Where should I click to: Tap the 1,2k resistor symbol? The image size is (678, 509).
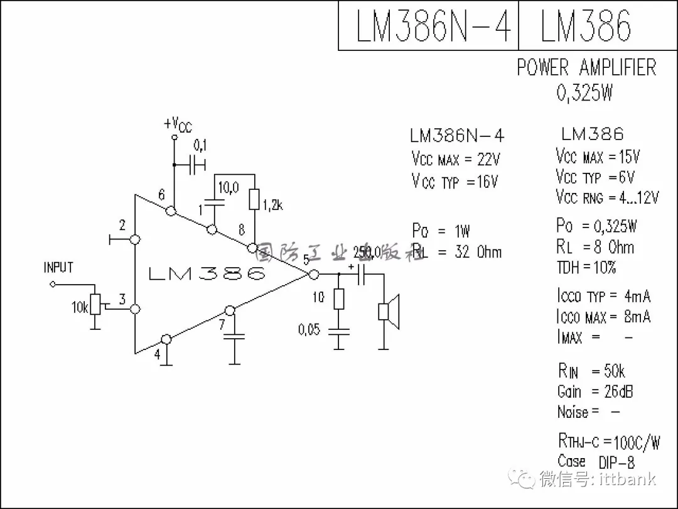pos(254,199)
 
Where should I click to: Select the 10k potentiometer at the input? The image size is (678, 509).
pos(95,305)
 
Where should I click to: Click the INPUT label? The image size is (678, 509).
pos(58,268)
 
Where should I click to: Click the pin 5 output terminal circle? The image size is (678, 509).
pos(313,274)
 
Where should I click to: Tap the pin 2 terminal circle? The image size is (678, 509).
pos(134,239)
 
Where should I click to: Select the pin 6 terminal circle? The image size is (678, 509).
pos(171,212)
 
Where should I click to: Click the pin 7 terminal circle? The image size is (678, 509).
pos(230,310)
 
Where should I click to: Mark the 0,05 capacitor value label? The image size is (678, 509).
pos(309,329)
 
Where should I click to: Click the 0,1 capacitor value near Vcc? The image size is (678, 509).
pos(200,146)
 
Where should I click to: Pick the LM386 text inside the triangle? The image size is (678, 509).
pos(207,274)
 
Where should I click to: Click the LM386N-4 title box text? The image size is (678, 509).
pos(433,26)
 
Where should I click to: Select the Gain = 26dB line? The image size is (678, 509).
pos(595,391)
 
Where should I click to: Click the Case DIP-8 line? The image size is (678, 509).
pos(596,462)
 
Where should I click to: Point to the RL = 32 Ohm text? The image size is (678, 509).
pos(457,252)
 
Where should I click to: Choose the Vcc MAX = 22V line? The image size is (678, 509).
pos(456,158)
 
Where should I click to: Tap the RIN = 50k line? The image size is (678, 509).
pos(591,371)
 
